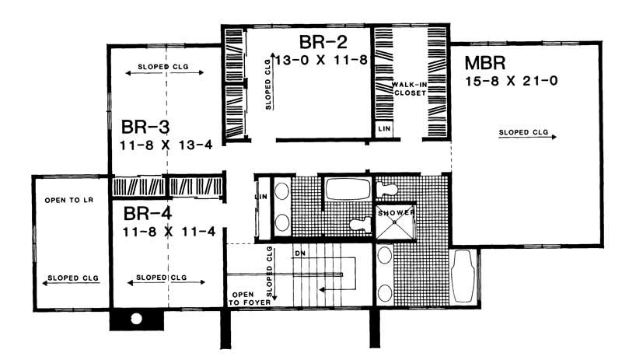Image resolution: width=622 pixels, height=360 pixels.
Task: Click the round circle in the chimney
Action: coord(136,319)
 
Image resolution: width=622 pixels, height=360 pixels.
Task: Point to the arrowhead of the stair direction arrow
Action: coord(327,292)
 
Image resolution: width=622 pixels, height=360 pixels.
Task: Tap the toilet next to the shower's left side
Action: coord(358,225)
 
